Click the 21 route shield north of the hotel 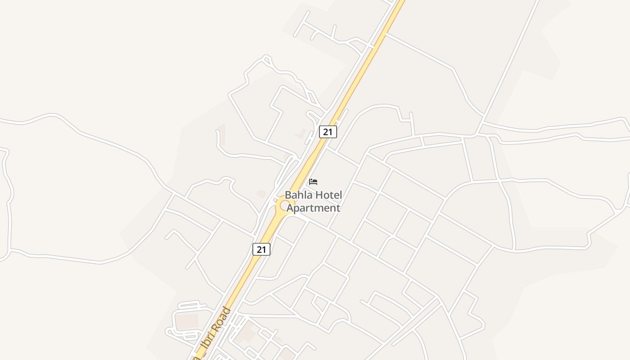(328, 131)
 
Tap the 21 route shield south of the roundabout (261, 249)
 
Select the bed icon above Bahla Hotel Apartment (313, 182)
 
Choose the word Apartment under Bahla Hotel (313, 208)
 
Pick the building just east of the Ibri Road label (245, 333)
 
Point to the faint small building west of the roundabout (261, 193)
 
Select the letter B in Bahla (288, 195)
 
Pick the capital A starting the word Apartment (290, 208)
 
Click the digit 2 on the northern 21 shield (325, 131)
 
